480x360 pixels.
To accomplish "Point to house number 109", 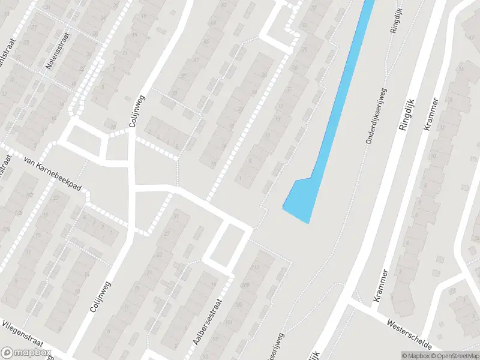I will (244, 285).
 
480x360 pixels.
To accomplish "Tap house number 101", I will (228, 322).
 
